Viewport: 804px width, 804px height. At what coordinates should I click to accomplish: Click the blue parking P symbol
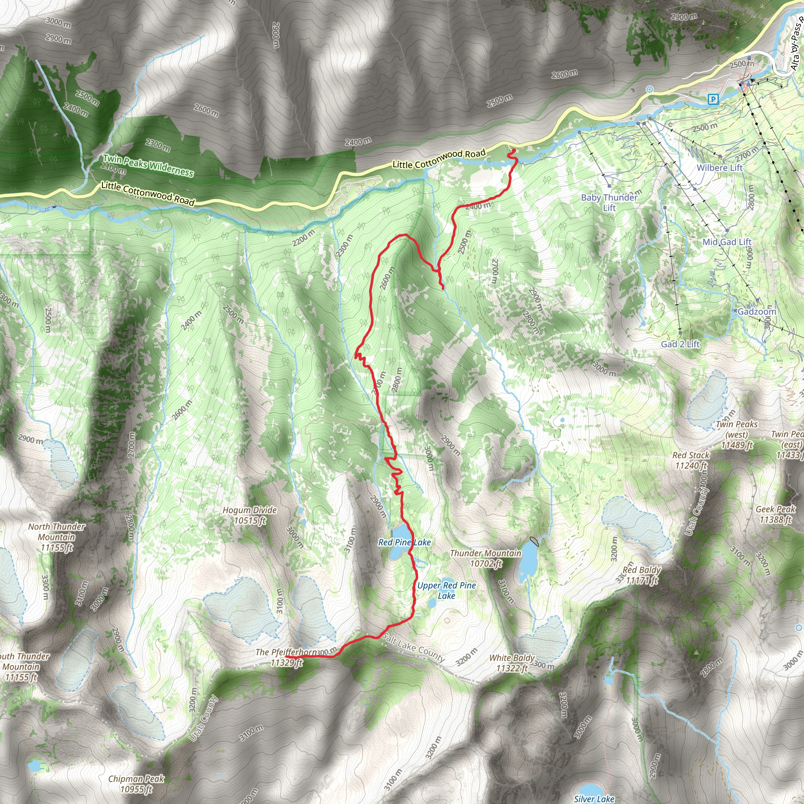click(713, 99)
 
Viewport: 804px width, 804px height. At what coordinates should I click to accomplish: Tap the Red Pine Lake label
click(404, 542)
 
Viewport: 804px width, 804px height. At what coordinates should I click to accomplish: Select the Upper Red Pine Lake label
click(446, 590)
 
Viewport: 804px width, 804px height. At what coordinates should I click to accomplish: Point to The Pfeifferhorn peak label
click(286, 657)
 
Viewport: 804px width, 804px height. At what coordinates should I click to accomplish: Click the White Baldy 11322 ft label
click(512, 663)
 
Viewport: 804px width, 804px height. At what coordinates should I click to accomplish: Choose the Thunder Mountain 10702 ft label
click(485, 558)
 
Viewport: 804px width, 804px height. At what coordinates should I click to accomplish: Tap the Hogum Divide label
click(250, 515)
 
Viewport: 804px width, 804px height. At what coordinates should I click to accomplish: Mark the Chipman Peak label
click(136, 784)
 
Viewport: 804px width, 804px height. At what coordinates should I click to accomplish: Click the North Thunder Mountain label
click(57, 537)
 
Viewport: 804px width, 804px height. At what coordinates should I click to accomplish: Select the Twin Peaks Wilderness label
click(148, 165)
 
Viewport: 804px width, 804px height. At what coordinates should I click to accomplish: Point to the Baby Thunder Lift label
click(609, 202)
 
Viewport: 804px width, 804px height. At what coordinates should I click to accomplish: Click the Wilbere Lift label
click(720, 168)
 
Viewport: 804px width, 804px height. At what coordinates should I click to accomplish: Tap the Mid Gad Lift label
click(727, 242)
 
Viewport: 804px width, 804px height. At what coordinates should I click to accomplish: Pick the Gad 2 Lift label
click(680, 344)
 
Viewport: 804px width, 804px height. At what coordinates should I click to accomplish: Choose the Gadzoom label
click(756, 312)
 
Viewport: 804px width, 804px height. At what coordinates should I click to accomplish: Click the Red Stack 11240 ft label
click(691, 460)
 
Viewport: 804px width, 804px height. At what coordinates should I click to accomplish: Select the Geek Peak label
click(775, 514)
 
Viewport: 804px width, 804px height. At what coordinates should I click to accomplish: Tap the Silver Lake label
click(594, 799)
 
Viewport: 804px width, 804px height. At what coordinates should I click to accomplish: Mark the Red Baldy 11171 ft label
click(642, 575)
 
